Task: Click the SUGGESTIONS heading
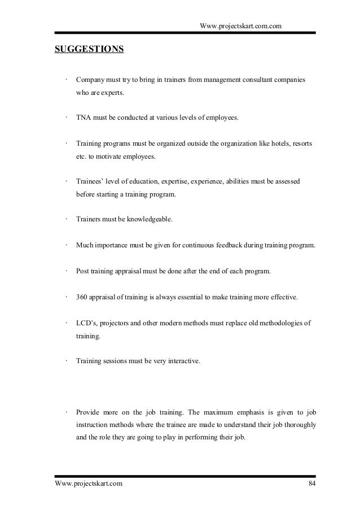(89, 49)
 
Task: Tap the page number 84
(312, 484)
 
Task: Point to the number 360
(82, 297)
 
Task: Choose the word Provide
(89, 411)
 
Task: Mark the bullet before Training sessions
(67, 359)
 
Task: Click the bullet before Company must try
(67, 80)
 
